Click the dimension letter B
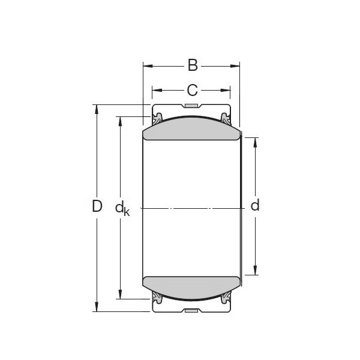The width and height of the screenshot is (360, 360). pos(192,65)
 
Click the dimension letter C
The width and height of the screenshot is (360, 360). pos(191,91)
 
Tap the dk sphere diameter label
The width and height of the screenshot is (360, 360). pos(122,208)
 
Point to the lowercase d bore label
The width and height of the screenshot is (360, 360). pos(255,206)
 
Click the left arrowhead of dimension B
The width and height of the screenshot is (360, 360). pos(146,65)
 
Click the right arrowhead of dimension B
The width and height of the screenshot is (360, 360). pos(236,65)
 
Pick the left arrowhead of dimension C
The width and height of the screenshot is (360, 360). pos(155,91)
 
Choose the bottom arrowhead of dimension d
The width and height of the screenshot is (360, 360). pos(256,272)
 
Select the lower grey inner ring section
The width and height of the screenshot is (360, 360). pos(191,287)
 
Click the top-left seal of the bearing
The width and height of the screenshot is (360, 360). pos(157,116)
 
